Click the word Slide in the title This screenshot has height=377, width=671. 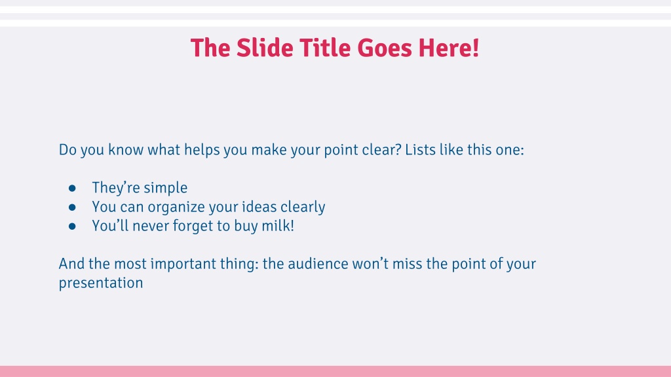[265, 48]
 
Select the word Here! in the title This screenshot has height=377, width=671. [448, 48]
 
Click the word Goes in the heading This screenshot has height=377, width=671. [385, 48]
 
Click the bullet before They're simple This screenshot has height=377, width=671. [72, 188]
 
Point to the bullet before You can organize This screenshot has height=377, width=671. [72, 207]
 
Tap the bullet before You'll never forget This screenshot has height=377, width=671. [72, 226]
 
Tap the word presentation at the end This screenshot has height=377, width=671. [101, 283]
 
